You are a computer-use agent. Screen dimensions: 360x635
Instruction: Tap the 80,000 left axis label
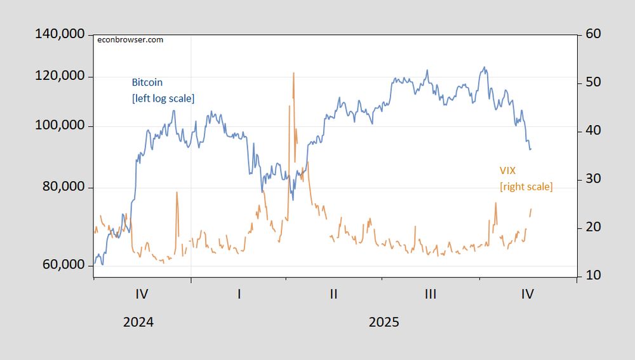(x=62, y=187)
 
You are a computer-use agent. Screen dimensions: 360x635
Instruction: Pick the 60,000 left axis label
(x=62, y=264)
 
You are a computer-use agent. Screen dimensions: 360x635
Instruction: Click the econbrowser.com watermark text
(x=130, y=40)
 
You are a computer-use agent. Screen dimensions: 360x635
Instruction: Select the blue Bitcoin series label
(x=147, y=83)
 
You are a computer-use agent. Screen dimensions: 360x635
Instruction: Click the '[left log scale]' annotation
(x=163, y=98)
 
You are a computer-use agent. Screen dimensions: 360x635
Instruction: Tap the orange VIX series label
(x=508, y=170)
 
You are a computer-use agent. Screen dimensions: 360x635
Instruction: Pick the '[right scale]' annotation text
(x=526, y=187)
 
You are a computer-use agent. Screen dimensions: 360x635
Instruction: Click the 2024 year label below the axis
(x=138, y=322)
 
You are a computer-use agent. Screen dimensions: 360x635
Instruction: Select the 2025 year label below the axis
(x=384, y=322)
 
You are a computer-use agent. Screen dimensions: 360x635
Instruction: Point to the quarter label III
(x=430, y=294)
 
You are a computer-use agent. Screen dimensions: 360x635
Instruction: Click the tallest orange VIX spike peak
(x=293, y=73)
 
